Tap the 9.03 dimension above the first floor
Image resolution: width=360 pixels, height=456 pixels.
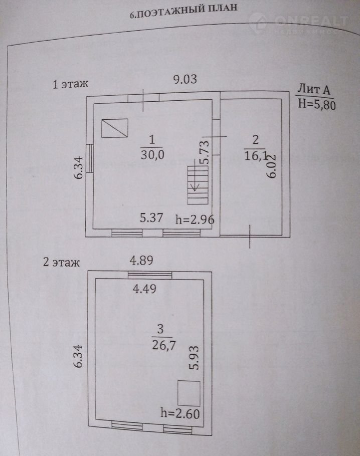185,79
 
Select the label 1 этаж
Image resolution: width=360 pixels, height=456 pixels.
70,84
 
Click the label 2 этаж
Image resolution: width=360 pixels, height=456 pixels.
61,263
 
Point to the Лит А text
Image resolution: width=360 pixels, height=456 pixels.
314,89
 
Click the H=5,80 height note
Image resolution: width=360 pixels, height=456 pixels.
317,104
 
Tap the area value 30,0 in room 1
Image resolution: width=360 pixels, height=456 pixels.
152,155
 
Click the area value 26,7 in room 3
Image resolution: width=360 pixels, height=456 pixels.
164,345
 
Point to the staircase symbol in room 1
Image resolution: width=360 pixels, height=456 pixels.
198,185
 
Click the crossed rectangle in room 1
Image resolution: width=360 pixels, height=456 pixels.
115,128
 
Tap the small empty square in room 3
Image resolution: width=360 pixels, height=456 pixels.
189,393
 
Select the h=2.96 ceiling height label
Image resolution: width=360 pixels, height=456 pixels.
195,219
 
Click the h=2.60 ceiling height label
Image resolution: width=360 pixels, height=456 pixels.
180,413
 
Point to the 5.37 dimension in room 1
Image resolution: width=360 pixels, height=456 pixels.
151,217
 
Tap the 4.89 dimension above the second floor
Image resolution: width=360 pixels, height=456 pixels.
141,260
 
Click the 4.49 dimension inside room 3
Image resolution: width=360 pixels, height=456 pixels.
144,289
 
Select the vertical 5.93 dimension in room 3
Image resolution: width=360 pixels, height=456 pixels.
195,357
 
